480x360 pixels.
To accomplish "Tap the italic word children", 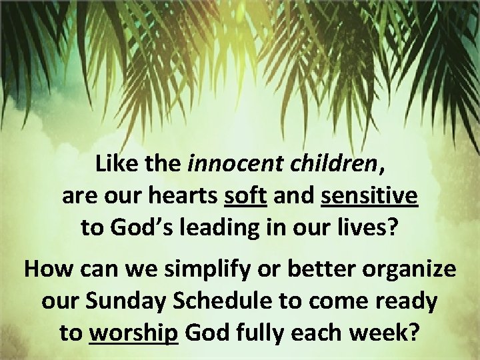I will click(331, 163).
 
